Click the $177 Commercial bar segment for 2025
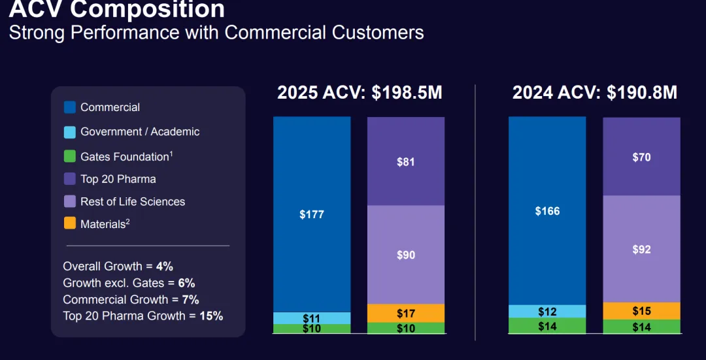pos(312,214)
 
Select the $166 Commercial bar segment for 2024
pos(547,211)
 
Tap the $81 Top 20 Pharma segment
pos(406,161)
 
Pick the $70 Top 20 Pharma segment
pos(641,157)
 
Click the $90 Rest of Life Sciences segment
pos(406,255)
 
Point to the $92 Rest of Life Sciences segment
pos(641,249)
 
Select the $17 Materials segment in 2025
pos(406,314)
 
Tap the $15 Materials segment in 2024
pos(641,311)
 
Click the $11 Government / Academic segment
pos(312,318)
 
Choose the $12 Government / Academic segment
pos(547,312)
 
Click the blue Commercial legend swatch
pos(70,107)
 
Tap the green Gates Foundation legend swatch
pos(70,157)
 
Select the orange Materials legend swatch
pos(70,223)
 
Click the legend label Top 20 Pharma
pos(118,179)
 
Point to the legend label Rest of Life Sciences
pos(133,202)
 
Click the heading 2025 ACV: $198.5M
pos(360,93)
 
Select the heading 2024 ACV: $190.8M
pos(594,93)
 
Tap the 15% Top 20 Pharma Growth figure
pos(211,316)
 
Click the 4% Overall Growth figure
pos(165,267)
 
